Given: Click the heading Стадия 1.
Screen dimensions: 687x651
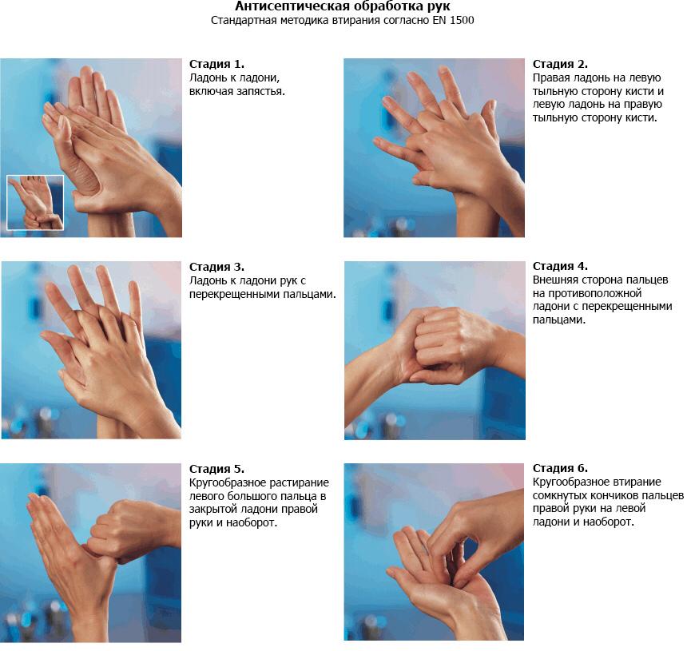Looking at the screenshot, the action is coord(216,64).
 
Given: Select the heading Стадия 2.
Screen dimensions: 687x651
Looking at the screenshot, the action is coord(560,64).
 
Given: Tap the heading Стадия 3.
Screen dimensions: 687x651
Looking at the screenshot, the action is coord(216,267).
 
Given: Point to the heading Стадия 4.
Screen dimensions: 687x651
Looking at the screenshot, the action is coord(560,266).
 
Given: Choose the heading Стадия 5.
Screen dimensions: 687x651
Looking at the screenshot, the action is coord(216,469).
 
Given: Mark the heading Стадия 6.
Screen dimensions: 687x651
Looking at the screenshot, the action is coord(560,468).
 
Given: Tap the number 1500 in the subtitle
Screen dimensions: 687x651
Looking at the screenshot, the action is coord(462,20).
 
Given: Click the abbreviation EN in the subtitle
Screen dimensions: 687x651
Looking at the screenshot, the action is coord(439,20).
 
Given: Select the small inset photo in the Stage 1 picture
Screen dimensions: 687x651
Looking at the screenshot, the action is coord(35,202).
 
